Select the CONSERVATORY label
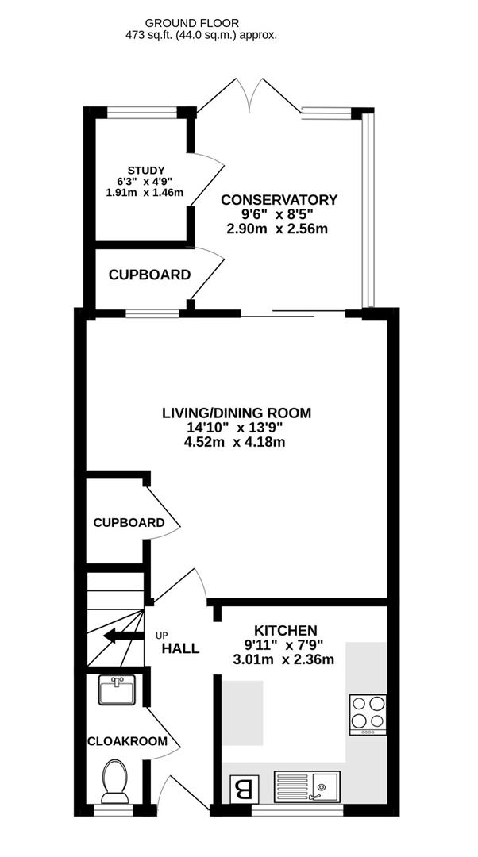[279, 200]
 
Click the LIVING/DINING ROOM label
[237, 413]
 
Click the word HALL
[180, 648]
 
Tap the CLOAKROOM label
[128, 741]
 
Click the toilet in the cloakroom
[116, 781]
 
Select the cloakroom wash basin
[118, 690]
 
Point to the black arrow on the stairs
[121, 634]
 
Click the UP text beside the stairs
[162, 635]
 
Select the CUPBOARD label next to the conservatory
[149, 275]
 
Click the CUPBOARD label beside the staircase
[129, 523]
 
